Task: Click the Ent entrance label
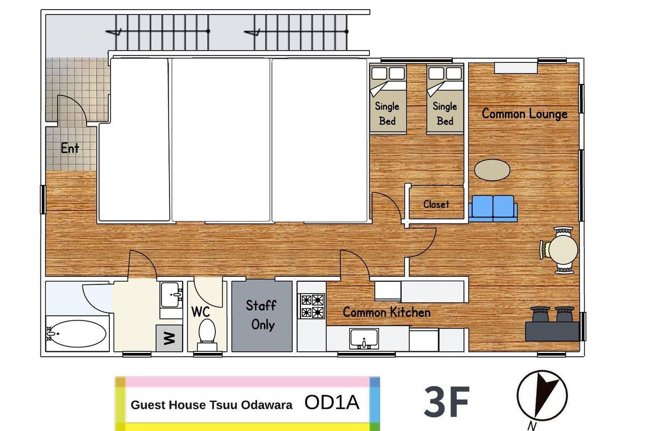coord(70,148)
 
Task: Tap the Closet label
coord(436,204)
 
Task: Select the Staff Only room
coord(262,316)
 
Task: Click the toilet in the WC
coord(207,335)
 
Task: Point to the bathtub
coord(76,333)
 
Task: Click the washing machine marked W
coord(169,338)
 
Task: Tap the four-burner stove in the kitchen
coord(313,306)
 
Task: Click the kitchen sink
coord(364,338)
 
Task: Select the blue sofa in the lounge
coord(493,208)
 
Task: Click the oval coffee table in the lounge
coord(492,170)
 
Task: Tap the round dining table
coord(563,250)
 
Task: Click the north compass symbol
coord(542,396)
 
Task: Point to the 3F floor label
coord(447,402)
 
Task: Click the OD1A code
coord(332,402)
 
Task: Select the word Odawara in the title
coord(267,405)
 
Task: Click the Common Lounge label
coord(524,114)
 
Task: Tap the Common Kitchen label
coord(387,312)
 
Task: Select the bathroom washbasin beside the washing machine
coord(171,295)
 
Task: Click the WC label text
coord(200,312)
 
